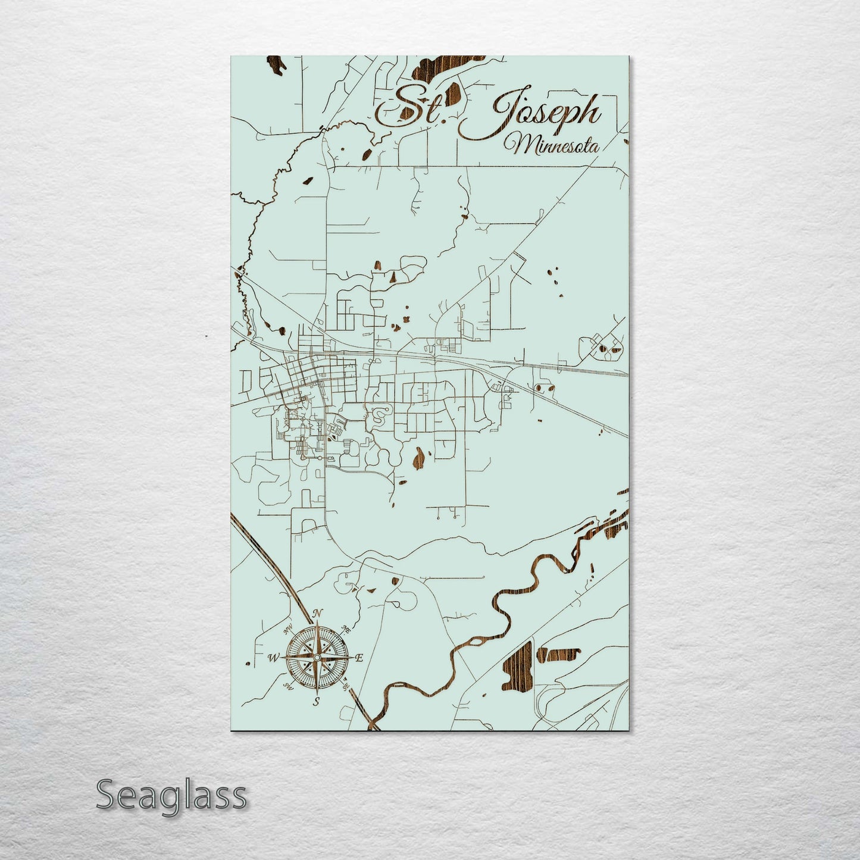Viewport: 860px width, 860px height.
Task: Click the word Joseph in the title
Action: point(545,113)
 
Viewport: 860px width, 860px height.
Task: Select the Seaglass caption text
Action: point(171,795)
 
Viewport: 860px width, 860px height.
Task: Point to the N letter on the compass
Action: point(318,614)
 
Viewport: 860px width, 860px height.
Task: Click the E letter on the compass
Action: point(359,658)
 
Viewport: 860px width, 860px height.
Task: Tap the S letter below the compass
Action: point(317,701)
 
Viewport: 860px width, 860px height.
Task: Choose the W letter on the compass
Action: point(274,658)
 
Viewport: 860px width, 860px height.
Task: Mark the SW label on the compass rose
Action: point(289,686)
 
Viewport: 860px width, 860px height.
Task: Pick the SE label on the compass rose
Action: point(345,686)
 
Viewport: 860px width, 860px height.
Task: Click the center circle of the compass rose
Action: point(317,657)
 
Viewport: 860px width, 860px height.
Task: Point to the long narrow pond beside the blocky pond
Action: point(556,655)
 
